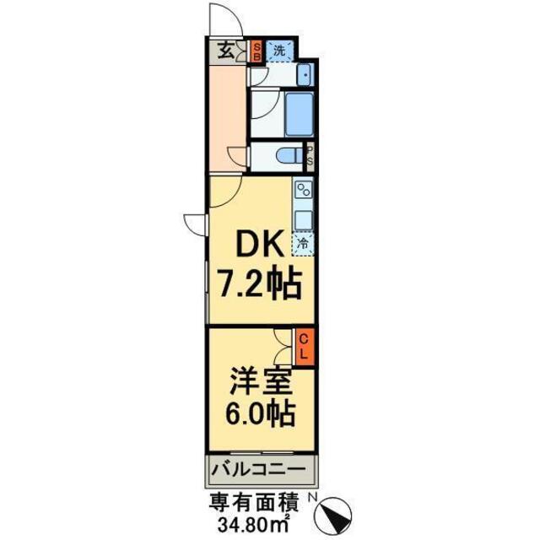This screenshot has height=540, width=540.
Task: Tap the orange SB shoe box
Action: point(257,52)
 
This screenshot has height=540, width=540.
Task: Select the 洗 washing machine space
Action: point(279,51)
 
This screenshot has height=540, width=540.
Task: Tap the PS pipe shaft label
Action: point(310,156)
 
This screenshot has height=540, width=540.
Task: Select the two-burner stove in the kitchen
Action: point(303,191)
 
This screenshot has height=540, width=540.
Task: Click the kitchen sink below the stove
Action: point(303,219)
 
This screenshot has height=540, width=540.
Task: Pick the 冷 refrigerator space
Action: point(303,244)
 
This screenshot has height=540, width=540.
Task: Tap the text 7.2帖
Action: point(261,287)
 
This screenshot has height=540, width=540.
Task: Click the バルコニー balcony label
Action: point(262,468)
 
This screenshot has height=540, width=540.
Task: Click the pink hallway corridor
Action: point(228,118)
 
